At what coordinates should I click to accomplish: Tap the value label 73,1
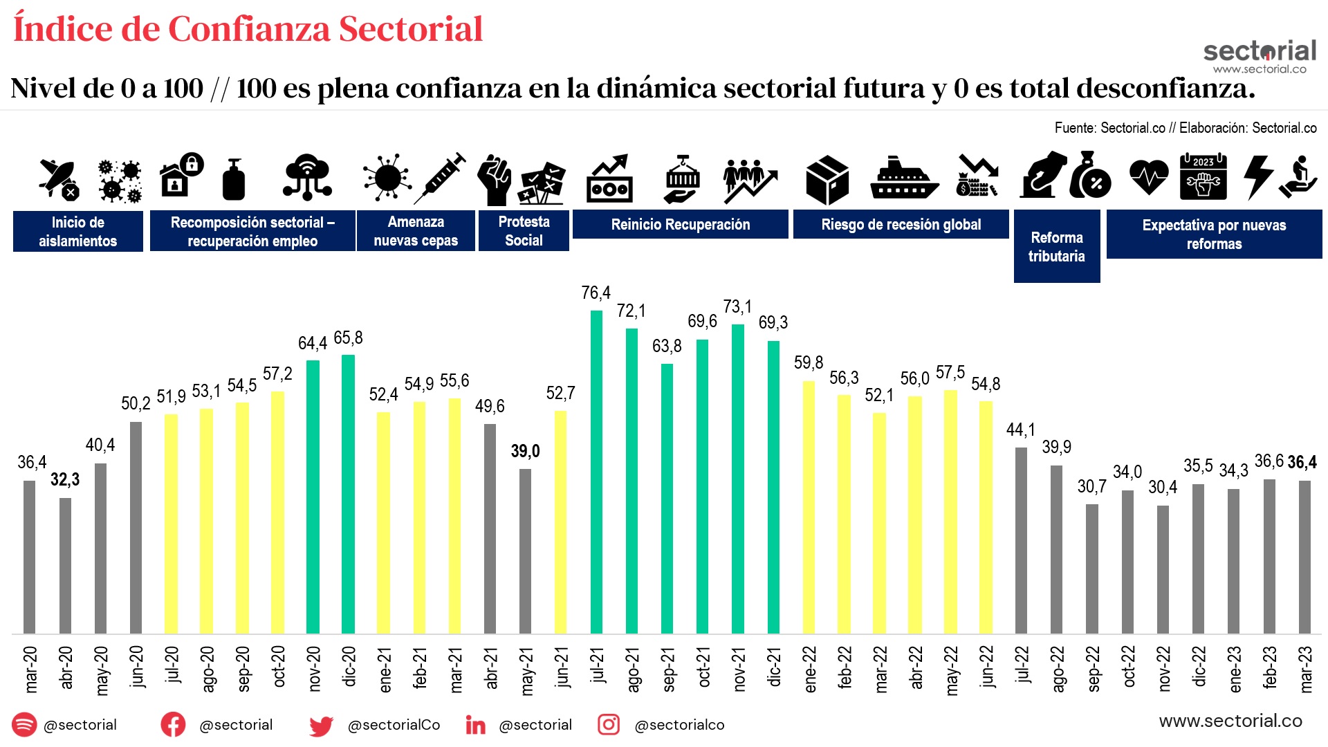tap(737, 306)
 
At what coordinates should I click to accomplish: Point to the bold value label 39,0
tap(525, 452)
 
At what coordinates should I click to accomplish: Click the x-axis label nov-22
tap(1164, 668)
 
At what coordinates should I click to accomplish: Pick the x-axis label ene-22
tap(810, 668)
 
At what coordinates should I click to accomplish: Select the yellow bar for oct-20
tap(277, 512)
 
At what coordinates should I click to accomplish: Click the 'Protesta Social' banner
tap(524, 231)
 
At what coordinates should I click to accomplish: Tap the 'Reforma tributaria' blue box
tap(1056, 247)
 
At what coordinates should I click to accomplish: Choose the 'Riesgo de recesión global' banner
tap(901, 225)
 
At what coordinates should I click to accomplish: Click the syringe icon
tap(441, 178)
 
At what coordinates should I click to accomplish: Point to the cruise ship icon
tap(904, 178)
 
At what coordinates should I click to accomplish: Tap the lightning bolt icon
tap(1257, 178)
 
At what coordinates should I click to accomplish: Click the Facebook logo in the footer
tap(173, 724)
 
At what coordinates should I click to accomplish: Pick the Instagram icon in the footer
tap(608, 724)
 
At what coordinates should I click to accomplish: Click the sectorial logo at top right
tap(1260, 55)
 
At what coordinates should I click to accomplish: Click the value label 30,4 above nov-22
tap(1162, 487)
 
